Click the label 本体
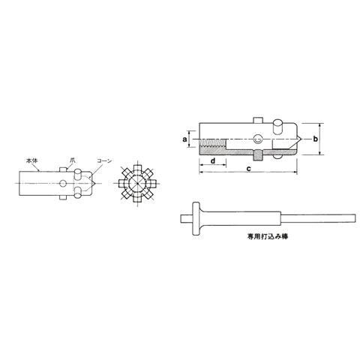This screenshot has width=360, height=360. (31, 160)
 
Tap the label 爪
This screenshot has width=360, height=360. (73, 160)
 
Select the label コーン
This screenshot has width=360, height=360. (104, 160)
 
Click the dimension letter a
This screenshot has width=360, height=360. (184, 139)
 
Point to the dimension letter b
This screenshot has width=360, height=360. (315, 139)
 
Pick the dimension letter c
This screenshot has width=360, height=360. (248, 169)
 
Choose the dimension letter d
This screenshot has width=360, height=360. (213, 160)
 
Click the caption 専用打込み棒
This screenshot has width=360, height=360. (268, 236)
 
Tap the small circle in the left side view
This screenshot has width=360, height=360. (63, 183)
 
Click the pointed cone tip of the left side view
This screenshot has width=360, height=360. (95, 184)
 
